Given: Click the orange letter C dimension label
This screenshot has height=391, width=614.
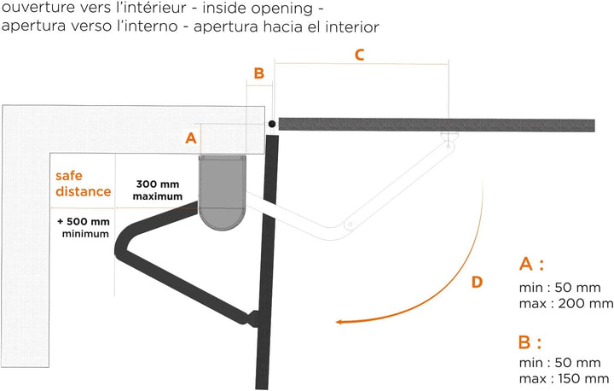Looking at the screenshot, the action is (x=359, y=55).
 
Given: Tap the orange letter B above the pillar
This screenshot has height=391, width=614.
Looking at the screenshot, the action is (x=259, y=73).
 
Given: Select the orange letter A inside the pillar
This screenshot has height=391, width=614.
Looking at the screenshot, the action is (x=191, y=138).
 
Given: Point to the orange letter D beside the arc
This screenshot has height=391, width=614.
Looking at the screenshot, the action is (x=477, y=282).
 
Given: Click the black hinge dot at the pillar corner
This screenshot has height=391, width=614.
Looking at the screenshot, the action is (x=272, y=124).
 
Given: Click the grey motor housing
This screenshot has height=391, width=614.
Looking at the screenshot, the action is (x=223, y=192).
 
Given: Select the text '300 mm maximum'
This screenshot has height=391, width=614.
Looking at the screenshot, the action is (x=158, y=190).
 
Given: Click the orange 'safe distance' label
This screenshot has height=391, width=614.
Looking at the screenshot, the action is (x=83, y=184).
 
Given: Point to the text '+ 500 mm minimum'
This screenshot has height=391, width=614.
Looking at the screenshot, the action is (x=84, y=228).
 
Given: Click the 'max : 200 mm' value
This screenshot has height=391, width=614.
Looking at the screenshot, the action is (x=566, y=303).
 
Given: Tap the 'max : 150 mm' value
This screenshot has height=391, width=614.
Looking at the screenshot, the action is (x=565, y=378).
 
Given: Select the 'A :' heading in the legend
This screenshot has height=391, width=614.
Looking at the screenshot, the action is (x=531, y=264).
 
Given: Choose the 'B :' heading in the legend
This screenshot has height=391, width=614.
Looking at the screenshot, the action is (x=530, y=342).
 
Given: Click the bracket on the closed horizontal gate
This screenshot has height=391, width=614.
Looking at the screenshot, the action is (x=449, y=139).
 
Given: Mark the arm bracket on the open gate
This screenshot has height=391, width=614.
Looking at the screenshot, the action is (x=253, y=318).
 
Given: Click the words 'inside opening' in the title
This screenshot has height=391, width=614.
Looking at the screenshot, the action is (x=258, y=9).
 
